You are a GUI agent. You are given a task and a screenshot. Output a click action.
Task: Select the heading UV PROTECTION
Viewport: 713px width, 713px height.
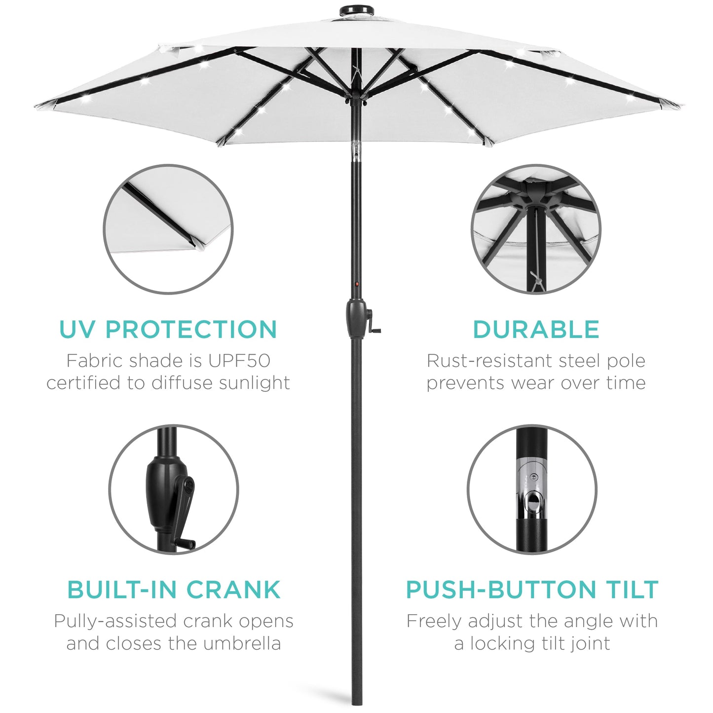coord(168,330)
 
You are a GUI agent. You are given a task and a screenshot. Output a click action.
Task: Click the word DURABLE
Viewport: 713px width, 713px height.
coord(536,330)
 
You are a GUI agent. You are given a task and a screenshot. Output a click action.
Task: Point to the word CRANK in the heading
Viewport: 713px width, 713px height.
coord(233,590)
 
